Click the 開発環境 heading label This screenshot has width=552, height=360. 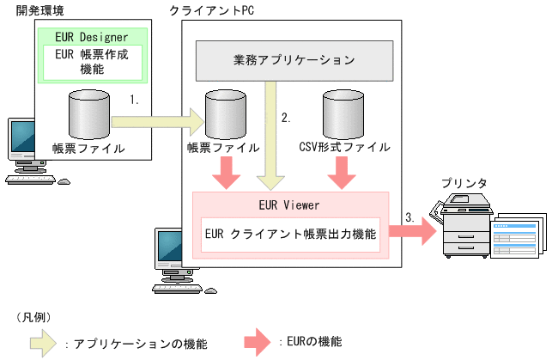click(39, 9)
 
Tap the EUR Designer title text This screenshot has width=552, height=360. click(92, 37)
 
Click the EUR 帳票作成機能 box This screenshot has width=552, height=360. click(92, 62)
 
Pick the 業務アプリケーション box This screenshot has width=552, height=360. click(294, 60)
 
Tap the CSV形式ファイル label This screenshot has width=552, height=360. click(344, 148)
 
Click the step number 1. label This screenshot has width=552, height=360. click(135, 100)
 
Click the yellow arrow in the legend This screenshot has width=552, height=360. click(35, 342)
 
